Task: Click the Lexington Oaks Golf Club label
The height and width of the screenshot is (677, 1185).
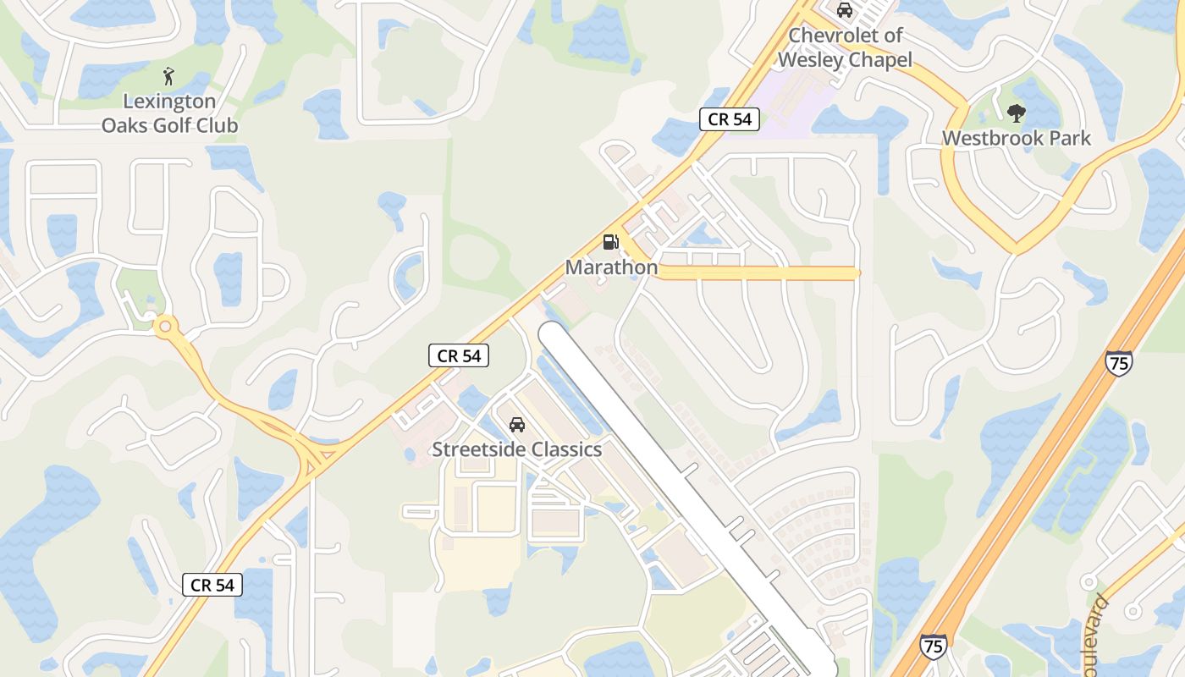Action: (169, 113)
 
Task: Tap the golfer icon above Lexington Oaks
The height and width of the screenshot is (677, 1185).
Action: (169, 76)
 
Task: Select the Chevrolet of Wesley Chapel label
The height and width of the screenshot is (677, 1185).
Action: (845, 47)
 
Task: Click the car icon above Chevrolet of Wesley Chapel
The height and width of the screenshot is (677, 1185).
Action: (844, 10)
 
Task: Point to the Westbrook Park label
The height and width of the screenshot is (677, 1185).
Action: (1017, 138)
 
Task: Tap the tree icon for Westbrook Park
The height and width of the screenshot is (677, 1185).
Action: (1017, 112)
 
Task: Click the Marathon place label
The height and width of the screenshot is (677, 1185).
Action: (611, 267)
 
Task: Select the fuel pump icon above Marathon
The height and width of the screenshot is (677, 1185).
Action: (610, 242)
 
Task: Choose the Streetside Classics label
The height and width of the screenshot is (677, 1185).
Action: (516, 449)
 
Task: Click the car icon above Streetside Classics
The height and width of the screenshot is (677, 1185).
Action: (516, 424)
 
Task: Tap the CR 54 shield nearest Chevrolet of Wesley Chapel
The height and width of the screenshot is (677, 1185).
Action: (730, 119)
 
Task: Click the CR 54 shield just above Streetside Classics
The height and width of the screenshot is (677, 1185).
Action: (460, 356)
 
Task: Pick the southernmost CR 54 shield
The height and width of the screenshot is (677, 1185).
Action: (212, 585)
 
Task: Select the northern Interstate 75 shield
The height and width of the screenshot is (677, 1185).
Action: (1119, 363)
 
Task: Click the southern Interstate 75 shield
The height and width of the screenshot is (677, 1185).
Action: (932, 647)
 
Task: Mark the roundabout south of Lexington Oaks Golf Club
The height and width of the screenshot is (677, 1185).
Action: (165, 326)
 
